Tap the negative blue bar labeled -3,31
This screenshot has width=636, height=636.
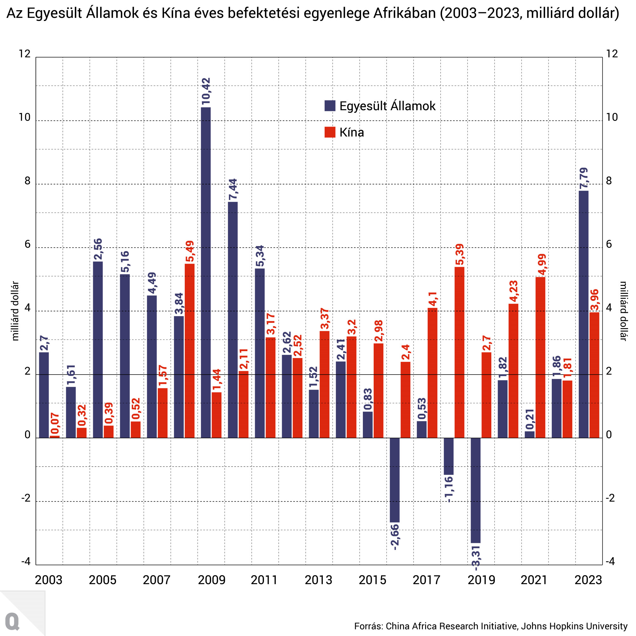click(x=476, y=490)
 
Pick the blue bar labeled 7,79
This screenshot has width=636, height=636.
click(x=584, y=315)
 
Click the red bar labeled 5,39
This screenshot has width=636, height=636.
click(x=460, y=352)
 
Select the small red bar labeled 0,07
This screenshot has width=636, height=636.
click(x=55, y=437)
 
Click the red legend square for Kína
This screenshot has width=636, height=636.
click(x=330, y=132)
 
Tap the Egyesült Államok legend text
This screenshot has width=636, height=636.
click(x=387, y=106)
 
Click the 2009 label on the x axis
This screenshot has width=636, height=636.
click(x=211, y=580)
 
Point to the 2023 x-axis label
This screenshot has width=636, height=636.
click(x=588, y=580)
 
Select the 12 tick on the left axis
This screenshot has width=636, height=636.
click(x=25, y=54)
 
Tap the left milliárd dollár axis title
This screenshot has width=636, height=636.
click(x=15, y=311)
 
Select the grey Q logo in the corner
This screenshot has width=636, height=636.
click(x=12, y=621)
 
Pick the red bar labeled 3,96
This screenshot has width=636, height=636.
click(x=594, y=375)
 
